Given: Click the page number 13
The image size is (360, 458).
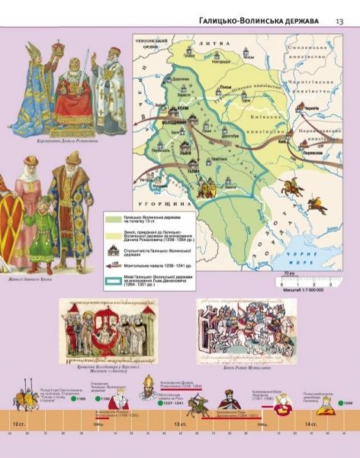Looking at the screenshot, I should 339,21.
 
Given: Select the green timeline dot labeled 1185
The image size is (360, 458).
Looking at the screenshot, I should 73,398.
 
